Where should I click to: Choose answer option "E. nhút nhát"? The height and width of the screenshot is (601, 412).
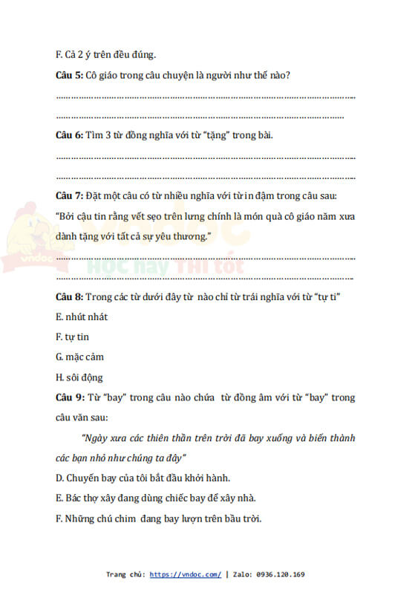[81, 316]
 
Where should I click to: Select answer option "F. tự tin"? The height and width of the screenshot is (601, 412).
[72, 337]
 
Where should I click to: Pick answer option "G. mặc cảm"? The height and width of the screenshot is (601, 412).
[79, 357]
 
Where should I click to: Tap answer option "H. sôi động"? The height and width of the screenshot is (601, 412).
[79, 377]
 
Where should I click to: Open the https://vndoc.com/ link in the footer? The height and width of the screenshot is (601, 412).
[185, 574]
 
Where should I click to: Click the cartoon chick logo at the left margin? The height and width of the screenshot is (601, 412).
[22, 238]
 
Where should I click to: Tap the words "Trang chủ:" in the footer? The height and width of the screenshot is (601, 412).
[125, 574]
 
